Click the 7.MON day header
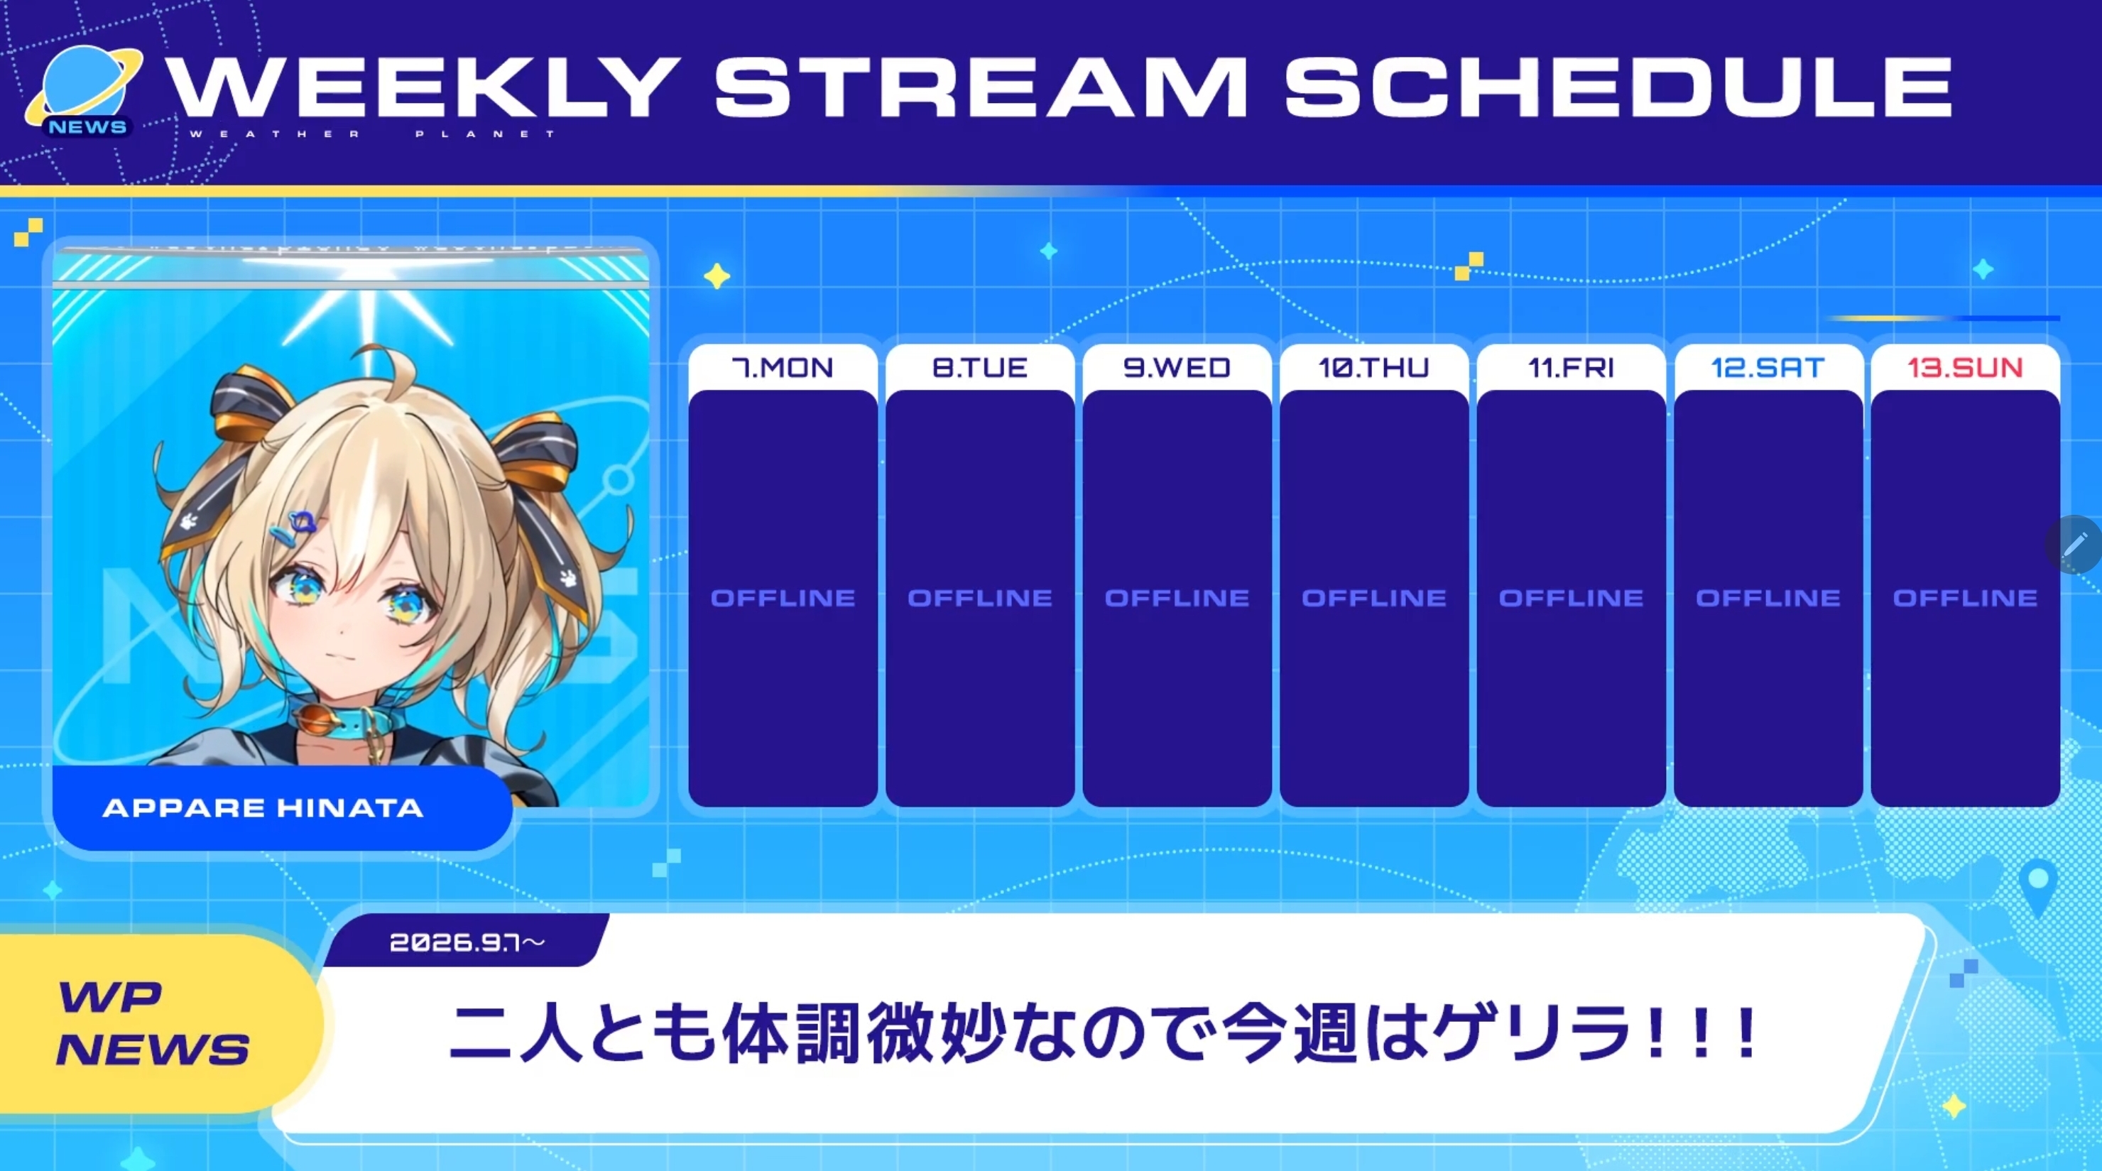[783, 368]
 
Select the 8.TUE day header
[980, 368]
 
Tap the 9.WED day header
[1177, 368]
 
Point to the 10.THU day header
[1374, 368]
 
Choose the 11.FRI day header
[1571, 368]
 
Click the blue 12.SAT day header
[1768, 368]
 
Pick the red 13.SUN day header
[1965, 368]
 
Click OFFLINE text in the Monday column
[783, 598]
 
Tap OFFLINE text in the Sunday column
[1965, 598]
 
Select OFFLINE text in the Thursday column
[1374, 598]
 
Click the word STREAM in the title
[981, 87]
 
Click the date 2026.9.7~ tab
[467, 942]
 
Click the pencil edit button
[2074, 544]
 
